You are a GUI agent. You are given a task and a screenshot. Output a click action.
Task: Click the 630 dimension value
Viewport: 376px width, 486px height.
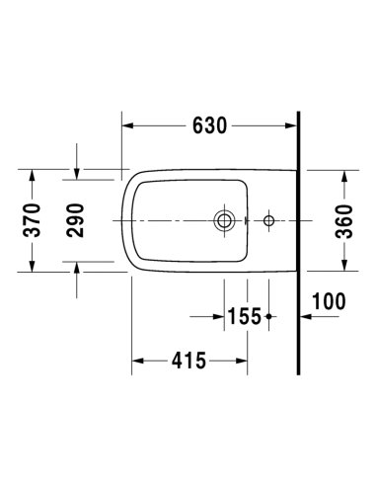209,125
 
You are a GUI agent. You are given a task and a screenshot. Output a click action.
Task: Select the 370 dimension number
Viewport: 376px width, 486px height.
32,220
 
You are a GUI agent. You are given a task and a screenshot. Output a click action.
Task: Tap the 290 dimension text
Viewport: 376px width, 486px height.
75,220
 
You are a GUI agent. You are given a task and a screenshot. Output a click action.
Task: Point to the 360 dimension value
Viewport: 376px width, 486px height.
344,221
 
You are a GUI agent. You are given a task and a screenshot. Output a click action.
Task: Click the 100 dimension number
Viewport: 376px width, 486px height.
329,301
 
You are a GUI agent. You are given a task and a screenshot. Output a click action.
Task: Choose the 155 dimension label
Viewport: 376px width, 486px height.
244,316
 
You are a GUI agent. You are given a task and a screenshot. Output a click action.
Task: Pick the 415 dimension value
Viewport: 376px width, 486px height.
188,361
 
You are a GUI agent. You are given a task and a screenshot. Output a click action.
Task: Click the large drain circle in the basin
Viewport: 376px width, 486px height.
224,220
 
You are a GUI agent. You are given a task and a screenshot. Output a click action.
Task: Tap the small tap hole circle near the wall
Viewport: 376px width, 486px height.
268,220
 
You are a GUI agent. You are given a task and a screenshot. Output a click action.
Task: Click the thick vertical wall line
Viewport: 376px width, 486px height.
298,243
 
